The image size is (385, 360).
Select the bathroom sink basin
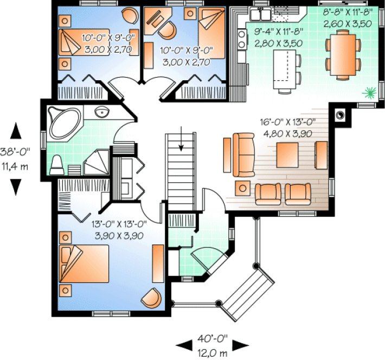pyautogui.click(x=101, y=113)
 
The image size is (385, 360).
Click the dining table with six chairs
pyautogui.click(x=343, y=53)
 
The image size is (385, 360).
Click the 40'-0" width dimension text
pyautogui.click(x=213, y=339)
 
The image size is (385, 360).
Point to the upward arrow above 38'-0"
pyautogui.click(x=16, y=131)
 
